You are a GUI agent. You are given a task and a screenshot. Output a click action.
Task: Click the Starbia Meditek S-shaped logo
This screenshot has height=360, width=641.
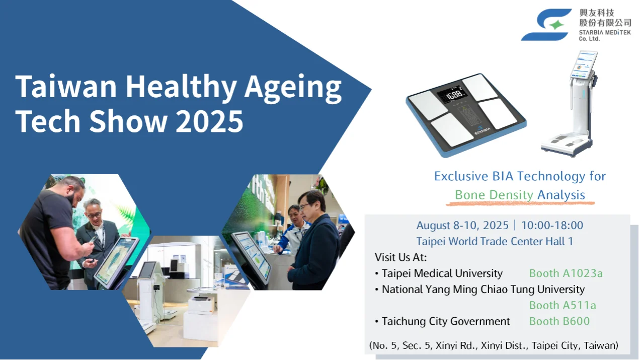coord(546,25)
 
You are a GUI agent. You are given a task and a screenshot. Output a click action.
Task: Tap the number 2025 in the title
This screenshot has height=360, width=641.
coord(209,121)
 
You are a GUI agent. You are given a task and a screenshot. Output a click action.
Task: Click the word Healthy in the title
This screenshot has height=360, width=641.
coord(181,87)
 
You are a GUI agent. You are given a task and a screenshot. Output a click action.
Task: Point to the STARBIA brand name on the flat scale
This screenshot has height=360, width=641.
coord(483,131)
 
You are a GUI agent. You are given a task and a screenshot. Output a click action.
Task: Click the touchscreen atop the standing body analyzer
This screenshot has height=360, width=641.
coord(584,65)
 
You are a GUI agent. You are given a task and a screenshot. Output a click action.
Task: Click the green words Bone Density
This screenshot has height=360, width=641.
coord(494,195)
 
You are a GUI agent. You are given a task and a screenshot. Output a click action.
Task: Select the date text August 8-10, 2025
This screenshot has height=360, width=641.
coord(462,226)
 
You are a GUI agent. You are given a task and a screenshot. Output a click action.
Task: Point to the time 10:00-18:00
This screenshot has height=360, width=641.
coord(552,226)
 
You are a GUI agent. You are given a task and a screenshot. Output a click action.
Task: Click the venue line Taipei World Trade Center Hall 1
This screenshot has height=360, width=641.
coord(495,242)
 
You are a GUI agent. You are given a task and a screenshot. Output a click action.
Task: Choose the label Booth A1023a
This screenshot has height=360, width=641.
coord(566,273)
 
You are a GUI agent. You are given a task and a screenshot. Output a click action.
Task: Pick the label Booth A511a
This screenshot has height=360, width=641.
coord(563,305)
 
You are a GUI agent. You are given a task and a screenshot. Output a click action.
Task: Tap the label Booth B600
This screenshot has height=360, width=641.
coord(559,321)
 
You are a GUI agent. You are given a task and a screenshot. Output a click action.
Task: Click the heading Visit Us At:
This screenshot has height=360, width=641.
coord(400,257)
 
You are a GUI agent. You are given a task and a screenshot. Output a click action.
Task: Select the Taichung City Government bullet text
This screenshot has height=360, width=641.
coord(446,321)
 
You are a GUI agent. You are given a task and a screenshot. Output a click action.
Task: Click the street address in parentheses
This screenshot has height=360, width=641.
coord(494,345)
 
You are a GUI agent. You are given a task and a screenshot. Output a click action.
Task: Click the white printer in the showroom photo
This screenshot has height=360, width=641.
coord(201,305)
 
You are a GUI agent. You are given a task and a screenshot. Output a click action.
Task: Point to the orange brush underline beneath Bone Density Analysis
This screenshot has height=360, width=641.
coord(520,203)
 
